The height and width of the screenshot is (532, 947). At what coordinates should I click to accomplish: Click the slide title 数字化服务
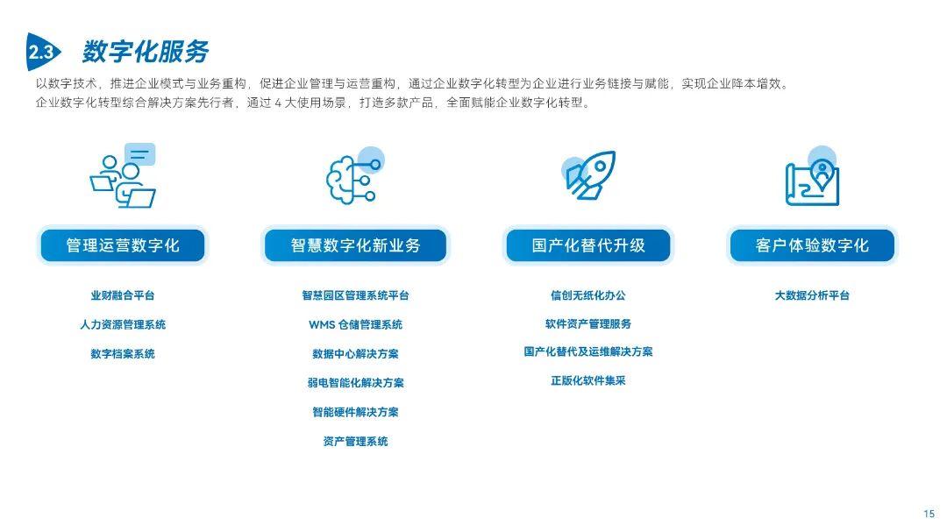146,52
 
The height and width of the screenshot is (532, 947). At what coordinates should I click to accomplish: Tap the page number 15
929,514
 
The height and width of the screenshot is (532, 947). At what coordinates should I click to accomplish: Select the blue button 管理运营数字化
123,245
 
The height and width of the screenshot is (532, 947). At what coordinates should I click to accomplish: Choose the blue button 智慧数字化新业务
355,245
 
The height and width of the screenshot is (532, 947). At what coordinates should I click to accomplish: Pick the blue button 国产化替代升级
588,245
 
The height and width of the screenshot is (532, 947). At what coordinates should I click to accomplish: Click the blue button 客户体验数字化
812,245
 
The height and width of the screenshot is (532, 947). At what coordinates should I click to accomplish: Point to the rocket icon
588,176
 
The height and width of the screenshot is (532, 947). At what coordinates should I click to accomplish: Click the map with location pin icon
812,178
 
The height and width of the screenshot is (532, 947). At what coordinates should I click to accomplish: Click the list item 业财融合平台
123,296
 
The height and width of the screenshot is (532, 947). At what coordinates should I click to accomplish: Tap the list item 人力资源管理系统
123,325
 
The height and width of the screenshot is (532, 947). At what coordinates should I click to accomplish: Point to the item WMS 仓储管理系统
355,325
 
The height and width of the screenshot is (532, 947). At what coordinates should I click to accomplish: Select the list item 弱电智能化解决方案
355,383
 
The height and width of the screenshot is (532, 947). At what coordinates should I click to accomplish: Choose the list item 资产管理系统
355,442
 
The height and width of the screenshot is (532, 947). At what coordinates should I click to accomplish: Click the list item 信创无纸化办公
588,296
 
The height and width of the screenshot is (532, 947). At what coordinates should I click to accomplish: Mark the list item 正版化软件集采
588,381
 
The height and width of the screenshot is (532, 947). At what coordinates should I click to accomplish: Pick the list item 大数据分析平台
812,296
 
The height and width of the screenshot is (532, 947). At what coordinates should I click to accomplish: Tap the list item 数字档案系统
123,354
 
